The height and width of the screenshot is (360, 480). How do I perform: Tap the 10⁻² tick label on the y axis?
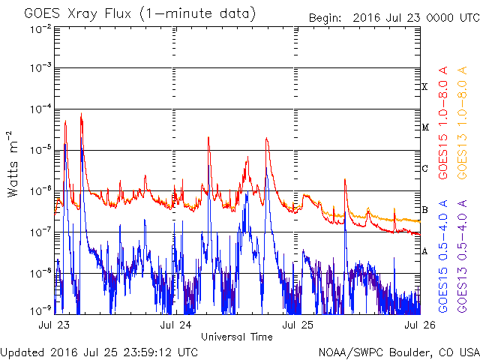[x=40, y=28]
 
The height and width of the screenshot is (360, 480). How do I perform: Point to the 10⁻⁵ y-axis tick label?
[x=40, y=150]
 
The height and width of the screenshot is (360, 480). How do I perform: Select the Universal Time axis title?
[x=237, y=337]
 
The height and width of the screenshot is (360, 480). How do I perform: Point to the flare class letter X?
[x=424, y=87]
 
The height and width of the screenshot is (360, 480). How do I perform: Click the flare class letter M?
[x=424, y=127]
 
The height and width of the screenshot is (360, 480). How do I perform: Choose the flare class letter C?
[x=424, y=169]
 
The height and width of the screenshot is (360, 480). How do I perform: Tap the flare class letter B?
[x=424, y=210]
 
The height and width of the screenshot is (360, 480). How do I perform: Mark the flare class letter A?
[x=424, y=251]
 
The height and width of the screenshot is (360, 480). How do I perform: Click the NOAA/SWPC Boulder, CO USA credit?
[x=398, y=352]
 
